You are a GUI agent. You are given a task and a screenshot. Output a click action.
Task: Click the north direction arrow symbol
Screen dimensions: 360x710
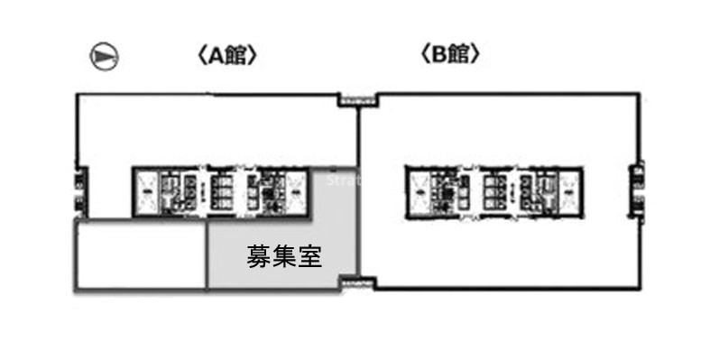pos(104,57)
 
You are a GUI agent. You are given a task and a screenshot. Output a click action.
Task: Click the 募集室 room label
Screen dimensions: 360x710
pos(285,257)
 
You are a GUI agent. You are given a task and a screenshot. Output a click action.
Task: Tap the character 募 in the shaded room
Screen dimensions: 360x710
pos(259,257)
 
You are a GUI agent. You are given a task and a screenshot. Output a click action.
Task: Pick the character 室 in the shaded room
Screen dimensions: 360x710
pos(312,257)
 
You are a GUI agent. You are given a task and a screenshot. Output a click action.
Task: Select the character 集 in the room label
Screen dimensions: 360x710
pos(285,257)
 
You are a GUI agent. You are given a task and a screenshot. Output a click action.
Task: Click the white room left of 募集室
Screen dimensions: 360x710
pos(140,256)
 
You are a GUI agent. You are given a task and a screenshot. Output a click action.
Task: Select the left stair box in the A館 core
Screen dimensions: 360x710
pos(146,189)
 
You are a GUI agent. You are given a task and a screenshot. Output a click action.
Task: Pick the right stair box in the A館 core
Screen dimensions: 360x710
pos(297,189)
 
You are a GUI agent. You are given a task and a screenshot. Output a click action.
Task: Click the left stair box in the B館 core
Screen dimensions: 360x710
pos(419,189)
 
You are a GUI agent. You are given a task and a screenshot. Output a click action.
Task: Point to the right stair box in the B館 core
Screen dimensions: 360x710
pos(569,189)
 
